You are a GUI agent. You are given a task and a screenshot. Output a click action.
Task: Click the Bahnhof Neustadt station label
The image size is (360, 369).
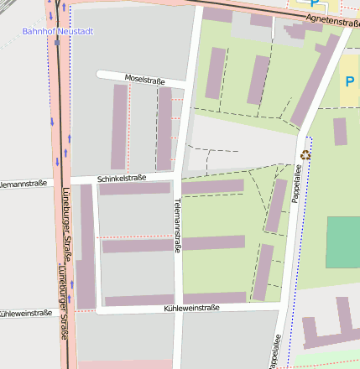tap(57, 31)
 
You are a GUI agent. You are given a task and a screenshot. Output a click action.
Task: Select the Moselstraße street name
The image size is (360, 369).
tap(143, 79)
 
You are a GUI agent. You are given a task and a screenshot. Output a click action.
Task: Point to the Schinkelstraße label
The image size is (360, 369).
tap(122, 179)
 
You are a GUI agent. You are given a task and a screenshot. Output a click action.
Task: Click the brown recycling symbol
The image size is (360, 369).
tap(305, 154)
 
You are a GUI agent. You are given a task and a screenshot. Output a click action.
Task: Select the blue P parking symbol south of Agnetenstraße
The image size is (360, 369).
tap(349, 81)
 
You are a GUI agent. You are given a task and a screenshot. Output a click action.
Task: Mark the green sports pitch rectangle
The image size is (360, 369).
tap(342, 242)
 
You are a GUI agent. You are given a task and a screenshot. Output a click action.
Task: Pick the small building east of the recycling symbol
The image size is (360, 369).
tap(340, 132)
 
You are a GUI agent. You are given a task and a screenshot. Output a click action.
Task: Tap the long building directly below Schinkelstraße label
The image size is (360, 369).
tap(134, 189)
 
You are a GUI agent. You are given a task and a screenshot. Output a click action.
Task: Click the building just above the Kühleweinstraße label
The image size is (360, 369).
tap(214, 298)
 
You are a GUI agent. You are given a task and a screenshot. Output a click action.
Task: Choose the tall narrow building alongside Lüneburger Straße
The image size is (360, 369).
tap(86, 243)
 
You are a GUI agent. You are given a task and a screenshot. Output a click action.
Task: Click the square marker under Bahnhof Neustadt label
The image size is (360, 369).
tap(57, 41)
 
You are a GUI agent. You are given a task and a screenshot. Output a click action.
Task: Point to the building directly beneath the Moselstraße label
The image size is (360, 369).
tap(164, 126)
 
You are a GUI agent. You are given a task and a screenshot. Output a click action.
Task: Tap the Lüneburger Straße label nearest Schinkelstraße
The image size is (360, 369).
tap(64, 226)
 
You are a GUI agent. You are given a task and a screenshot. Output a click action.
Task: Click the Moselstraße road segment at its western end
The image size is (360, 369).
tap(102, 75)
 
